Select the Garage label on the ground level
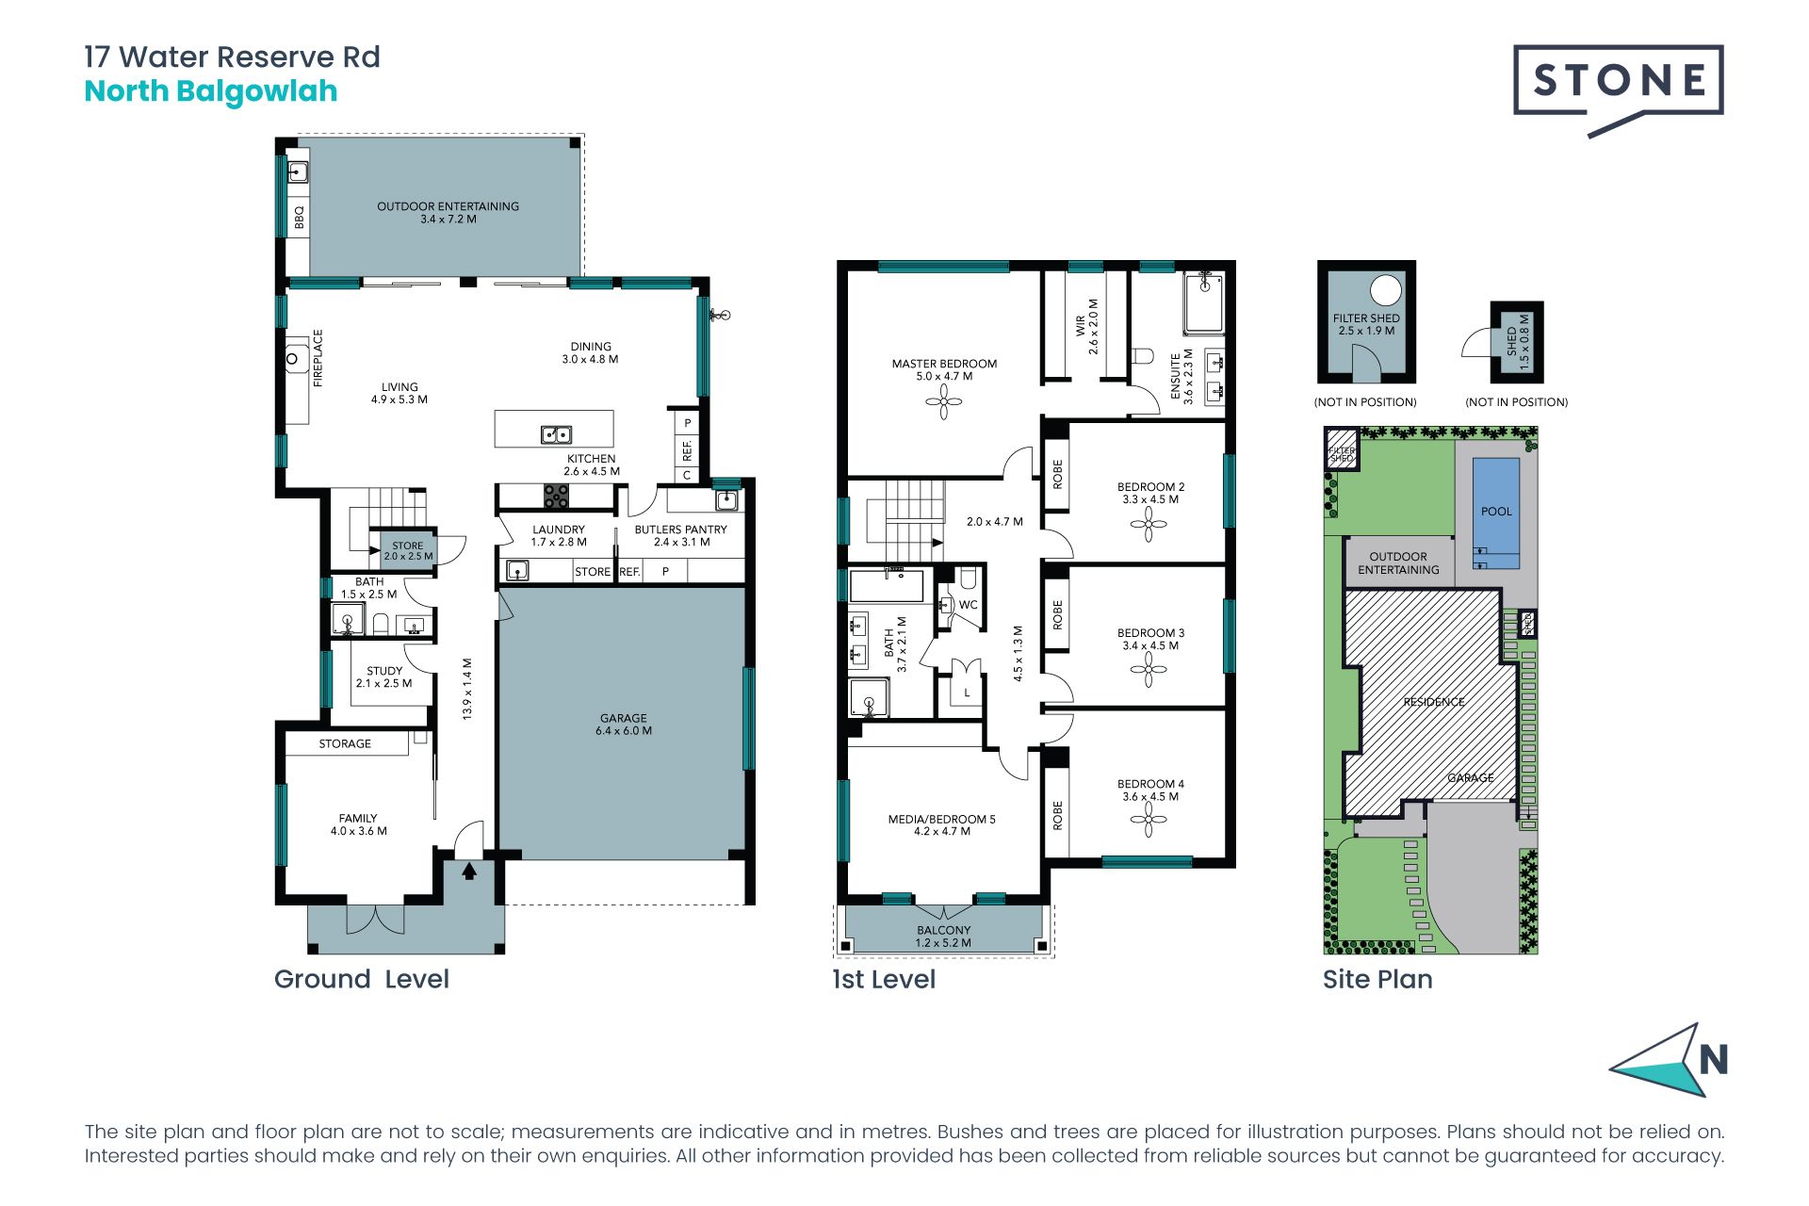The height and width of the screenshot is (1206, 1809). pos(624,724)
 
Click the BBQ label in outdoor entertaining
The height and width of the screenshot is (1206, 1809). pos(300,217)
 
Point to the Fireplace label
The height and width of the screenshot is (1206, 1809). pos(318,358)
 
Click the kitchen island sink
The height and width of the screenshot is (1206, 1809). pos(556,434)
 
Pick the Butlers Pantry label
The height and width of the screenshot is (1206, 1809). pos(681,535)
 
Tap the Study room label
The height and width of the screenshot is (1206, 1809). pos(384,676)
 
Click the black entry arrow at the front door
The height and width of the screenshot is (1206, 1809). pos(469,872)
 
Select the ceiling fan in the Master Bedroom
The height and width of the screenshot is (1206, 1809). pos(943,403)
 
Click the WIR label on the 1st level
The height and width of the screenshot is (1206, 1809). pos(1086,326)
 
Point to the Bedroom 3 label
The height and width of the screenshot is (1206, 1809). pos(1150,639)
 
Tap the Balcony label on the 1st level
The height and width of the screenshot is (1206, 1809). pos(943,936)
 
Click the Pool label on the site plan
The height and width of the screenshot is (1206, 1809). pos(1496,512)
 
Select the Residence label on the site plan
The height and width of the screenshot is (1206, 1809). pos(1434,702)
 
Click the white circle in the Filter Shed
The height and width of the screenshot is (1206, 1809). pos(1386,290)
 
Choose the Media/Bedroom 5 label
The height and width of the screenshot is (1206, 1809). pos(941,824)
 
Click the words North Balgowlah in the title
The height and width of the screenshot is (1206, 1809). pos(211,91)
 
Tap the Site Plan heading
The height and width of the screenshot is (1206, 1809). pos(1377,979)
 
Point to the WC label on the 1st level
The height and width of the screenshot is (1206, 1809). pos(969,605)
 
